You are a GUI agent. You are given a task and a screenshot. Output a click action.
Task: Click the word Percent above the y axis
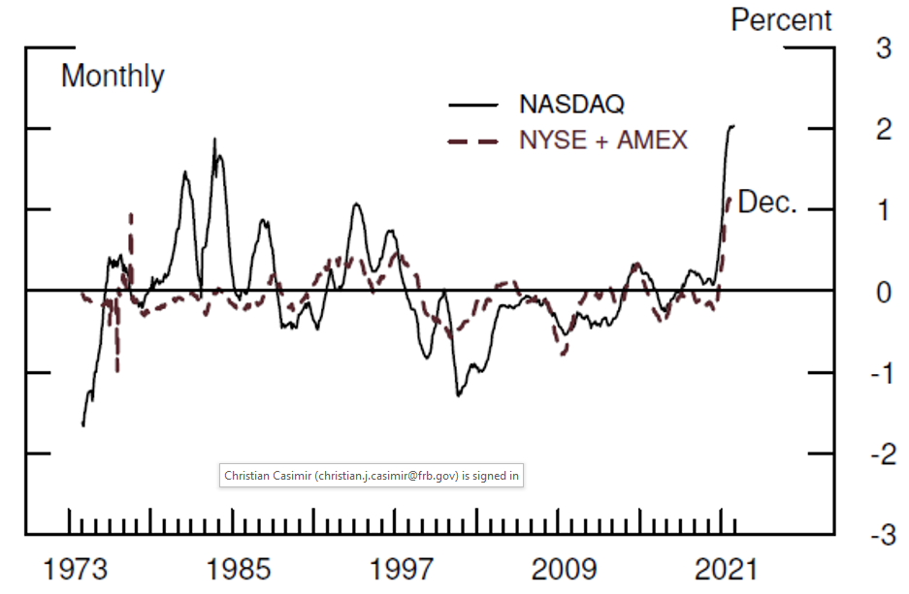click(x=781, y=19)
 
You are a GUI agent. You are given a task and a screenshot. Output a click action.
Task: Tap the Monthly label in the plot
click(x=113, y=76)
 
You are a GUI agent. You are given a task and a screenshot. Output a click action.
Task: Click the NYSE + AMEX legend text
click(x=603, y=141)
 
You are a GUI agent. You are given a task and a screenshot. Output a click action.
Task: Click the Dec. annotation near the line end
click(x=767, y=203)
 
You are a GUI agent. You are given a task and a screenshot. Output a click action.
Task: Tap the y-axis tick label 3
click(x=884, y=48)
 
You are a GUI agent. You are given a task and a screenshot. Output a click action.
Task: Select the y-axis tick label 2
click(x=884, y=130)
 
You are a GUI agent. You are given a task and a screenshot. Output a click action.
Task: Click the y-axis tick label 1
click(x=884, y=210)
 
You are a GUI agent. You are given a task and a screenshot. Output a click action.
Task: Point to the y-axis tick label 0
click(x=884, y=292)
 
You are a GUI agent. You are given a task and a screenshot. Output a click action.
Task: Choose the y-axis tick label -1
click(x=879, y=373)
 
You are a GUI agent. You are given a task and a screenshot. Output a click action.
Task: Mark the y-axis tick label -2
click(x=879, y=454)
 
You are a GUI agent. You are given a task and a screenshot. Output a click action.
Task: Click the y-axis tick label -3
click(x=879, y=536)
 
